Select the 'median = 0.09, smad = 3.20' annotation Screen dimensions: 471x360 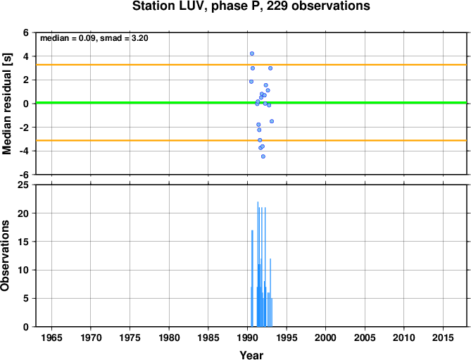[x=94, y=38]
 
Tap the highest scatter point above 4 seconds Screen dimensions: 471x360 [x=252, y=54]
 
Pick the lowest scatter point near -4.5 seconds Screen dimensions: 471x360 [x=263, y=156]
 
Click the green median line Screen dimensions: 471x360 [x=251, y=103]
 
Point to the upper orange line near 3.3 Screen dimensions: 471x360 [x=251, y=65]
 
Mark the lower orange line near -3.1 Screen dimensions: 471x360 [x=251, y=140]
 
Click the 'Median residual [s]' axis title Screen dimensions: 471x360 [x=6, y=104]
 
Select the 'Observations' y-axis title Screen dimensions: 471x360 [x=5, y=256]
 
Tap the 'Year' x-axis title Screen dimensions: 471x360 [x=251, y=355]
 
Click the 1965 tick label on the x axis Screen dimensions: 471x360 [x=51, y=337]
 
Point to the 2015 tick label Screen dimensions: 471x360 [x=443, y=337]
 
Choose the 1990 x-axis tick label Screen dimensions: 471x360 [x=248, y=337]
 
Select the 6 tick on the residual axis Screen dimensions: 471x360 [x=26, y=32]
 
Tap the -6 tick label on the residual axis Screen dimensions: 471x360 [x=24, y=175]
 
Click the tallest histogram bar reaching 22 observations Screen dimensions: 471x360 [x=258, y=264]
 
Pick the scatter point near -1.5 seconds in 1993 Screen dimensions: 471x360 [x=272, y=121]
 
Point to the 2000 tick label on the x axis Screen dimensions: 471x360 [x=325, y=337]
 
